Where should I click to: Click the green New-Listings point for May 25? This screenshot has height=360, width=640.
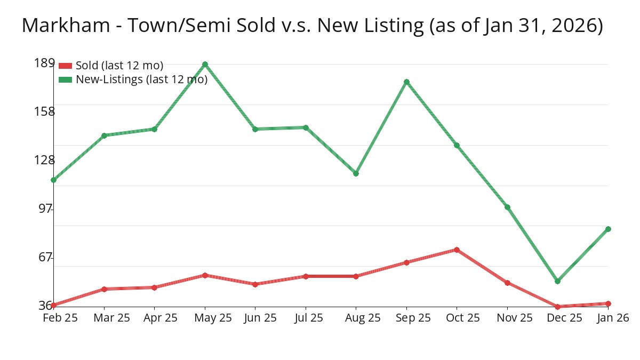(x=205, y=65)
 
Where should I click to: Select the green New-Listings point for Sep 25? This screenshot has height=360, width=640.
(x=406, y=82)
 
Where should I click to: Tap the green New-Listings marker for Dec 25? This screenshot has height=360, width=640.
(x=557, y=281)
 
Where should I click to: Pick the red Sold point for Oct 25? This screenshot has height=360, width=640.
(x=457, y=250)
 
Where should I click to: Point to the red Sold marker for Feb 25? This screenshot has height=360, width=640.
(x=54, y=305)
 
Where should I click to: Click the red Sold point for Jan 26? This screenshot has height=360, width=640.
(x=608, y=303)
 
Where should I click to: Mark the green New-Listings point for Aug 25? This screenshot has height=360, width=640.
(x=356, y=173)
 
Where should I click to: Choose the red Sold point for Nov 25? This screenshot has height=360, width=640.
(x=507, y=283)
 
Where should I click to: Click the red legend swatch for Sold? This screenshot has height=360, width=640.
(x=65, y=66)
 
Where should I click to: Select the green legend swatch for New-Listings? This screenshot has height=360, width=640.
(x=65, y=79)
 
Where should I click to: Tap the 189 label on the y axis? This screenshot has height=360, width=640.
(x=44, y=63)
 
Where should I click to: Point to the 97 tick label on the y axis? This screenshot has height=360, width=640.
(x=46, y=209)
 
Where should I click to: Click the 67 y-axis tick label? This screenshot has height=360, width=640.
(x=46, y=257)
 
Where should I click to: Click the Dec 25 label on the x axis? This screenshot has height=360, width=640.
(x=564, y=318)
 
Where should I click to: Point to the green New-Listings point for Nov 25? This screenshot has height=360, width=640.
(x=507, y=207)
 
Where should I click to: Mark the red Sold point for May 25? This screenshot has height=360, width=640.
(x=205, y=275)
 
